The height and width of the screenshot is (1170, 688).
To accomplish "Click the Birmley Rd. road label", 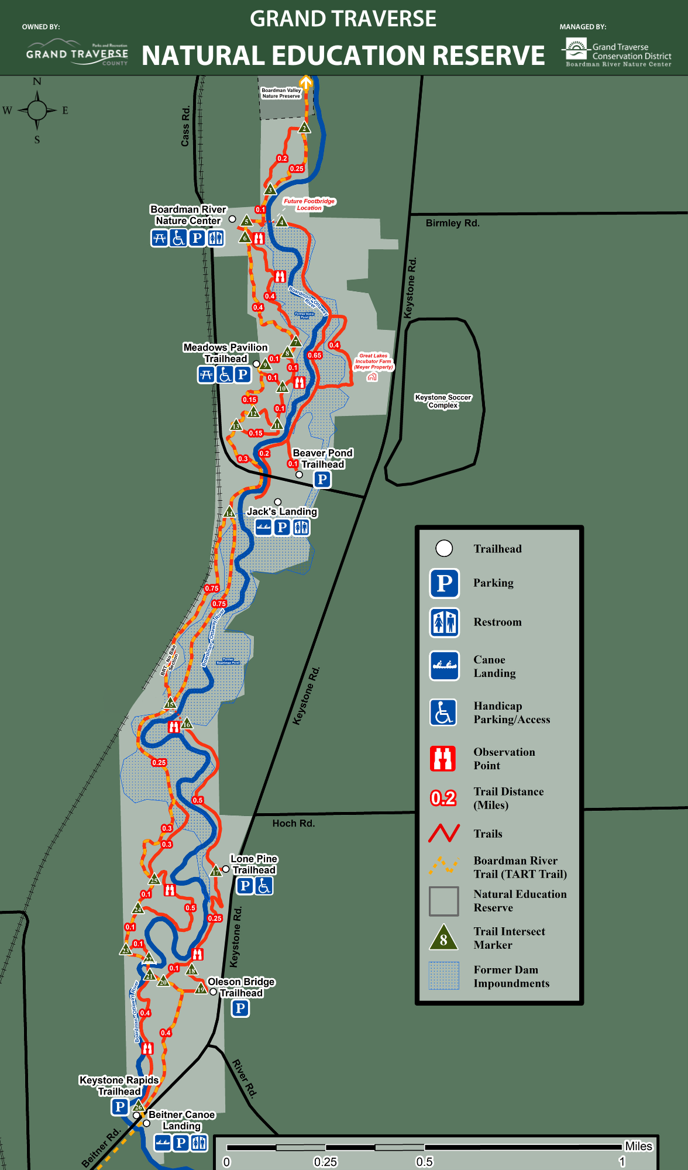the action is [452, 223].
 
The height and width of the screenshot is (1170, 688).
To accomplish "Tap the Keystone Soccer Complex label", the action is [443, 401].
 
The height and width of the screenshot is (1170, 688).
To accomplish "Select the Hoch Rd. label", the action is [293, 823].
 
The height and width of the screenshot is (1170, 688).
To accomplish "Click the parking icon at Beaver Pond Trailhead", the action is [322, 480].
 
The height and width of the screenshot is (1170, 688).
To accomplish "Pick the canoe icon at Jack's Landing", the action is [263, 528].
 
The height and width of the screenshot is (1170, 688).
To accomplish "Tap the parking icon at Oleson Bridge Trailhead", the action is [240, 1008].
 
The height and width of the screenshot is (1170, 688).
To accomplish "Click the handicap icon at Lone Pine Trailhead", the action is [264, 886].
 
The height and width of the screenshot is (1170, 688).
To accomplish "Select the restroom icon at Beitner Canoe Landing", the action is [199, 1143].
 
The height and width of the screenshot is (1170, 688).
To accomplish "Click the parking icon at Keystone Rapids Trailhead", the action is [119, 1107].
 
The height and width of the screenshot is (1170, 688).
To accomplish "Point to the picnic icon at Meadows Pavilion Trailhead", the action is [206, 374].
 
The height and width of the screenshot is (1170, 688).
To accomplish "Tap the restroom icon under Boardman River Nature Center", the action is [216, 238].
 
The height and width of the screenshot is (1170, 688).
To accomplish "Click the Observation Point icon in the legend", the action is [443, 758].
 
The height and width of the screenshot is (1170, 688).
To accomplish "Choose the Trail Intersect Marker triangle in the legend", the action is [443, 938].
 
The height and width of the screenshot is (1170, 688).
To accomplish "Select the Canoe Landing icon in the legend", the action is [444, 666].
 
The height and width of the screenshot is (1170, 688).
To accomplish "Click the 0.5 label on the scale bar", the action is [424, 1162].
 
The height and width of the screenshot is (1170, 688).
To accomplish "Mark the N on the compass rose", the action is [37, 82].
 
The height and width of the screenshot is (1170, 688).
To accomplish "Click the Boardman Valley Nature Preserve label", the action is [281, 93].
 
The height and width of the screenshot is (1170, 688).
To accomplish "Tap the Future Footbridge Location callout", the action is [309, 204].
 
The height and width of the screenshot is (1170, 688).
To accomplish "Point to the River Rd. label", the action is [245, 1078].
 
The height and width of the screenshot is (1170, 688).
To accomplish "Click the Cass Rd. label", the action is [185, 126].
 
